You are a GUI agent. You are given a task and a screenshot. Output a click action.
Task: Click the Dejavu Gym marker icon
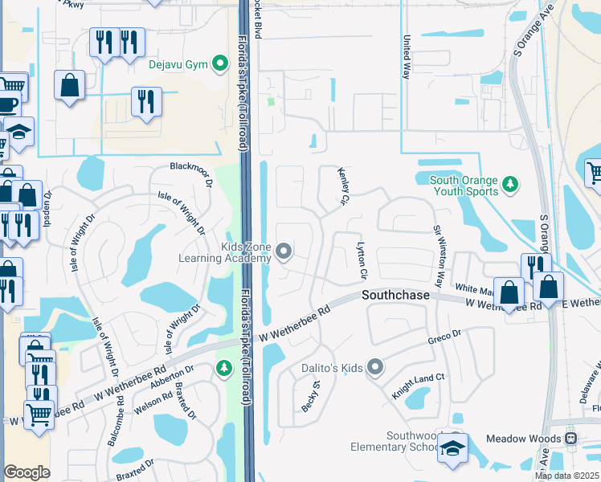218,64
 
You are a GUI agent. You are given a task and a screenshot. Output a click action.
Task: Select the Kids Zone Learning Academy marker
283,252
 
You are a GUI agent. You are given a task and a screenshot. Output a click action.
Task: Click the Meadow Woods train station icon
571,439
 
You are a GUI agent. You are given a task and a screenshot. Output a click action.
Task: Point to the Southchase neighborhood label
395,296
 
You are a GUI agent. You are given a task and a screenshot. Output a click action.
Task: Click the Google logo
27,472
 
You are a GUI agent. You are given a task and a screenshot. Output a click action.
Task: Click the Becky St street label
311,397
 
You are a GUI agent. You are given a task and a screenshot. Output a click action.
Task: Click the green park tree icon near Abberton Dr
224,369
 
